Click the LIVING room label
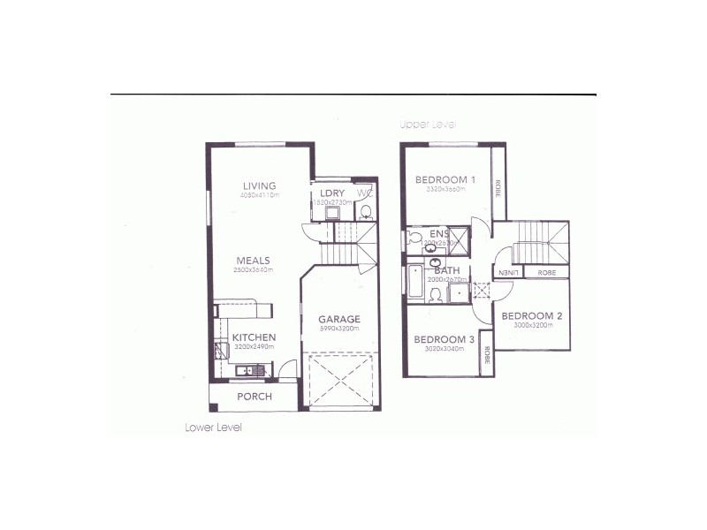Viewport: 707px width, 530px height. point(259,185)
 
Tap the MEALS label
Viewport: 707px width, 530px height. point(252,260)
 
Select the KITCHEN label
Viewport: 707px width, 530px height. point(255,337)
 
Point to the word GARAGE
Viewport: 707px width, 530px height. point(339,319)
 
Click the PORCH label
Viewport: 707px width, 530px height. point(255,397)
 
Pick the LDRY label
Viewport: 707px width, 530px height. point(332,193)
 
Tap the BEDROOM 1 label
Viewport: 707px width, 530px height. point(445,180)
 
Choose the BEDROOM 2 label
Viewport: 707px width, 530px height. point(532,315)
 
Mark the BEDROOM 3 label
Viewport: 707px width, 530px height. point(445,339)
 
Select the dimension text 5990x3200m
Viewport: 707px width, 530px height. point(339,329)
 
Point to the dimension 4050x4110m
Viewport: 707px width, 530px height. point(259,195)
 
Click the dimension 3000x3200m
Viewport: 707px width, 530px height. point(532,325)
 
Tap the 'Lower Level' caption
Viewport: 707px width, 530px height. point(214,428)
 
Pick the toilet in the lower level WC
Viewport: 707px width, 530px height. point(367,211)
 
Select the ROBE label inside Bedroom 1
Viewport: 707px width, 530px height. point(498,187)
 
